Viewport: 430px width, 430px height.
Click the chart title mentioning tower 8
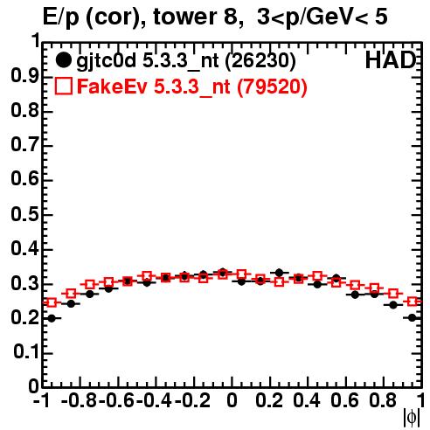click(x=215, y=17)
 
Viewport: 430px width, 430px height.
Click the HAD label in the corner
click(x=391, y=60)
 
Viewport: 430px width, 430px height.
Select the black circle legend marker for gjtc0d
click(x=63, y=60)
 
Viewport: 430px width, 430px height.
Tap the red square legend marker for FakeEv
click(x=63, y=86)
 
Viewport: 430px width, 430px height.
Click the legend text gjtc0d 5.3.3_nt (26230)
click(x=186, y=61)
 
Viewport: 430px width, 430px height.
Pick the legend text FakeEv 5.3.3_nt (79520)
click(x=192, y=87)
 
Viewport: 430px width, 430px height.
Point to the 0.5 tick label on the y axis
click(x=24, y=215)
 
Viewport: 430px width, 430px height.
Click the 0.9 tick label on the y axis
click(x=24, y=77)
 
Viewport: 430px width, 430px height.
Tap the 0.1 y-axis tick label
click(x=26, y=352)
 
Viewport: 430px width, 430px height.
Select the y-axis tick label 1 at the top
click(x=35, y=41)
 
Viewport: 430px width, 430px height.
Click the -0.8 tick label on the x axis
click(x=80, y=400)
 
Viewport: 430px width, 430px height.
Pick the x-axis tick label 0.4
click(x=307, y=400)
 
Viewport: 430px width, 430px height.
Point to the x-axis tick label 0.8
click(x=383, y=400)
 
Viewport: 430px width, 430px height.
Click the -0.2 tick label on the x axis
click(x=192, y=400)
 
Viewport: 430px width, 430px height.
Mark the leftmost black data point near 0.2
click(x=52, y=318)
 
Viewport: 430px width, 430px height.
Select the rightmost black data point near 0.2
click(x=413, y=318)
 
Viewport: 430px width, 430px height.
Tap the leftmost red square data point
click(x=52, y=302)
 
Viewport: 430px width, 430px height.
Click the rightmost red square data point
click(x=413, y=302)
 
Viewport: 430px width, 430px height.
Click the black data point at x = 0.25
click(x=280, y=273)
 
